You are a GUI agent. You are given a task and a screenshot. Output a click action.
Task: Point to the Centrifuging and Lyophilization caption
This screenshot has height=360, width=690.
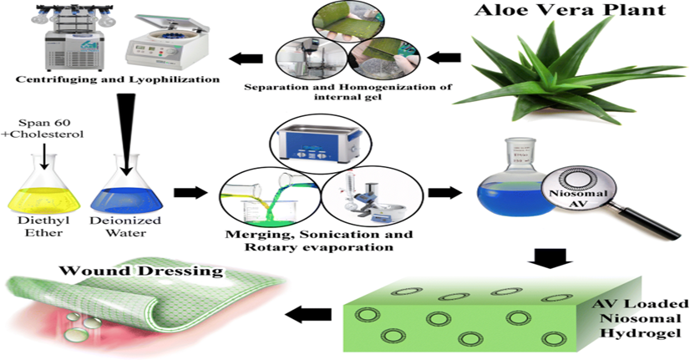[x=110, y=79]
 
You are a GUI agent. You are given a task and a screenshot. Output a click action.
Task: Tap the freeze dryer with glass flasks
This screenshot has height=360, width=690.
[x=58, y=38]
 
